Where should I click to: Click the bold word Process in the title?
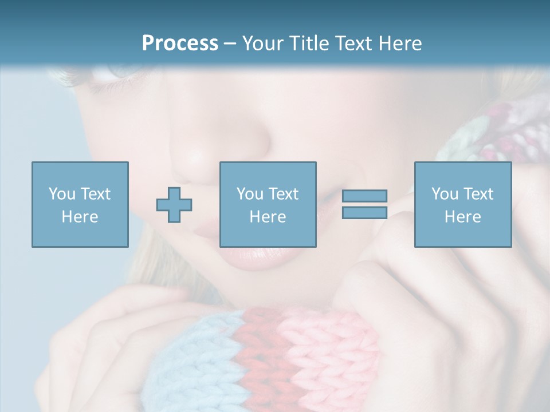click(x=180, y=43)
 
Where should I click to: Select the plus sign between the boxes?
click(x=174, y=205)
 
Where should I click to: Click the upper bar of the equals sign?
click(x=364, y=196)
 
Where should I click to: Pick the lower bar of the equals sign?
click(x=364, y=212)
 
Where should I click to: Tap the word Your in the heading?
click(x=262, y=43)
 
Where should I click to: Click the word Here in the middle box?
click(x=268, y=217)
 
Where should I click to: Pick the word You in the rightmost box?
click(x=445, y=194)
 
